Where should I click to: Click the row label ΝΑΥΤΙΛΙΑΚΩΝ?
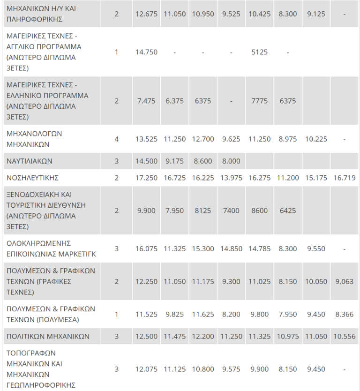tap(30, 161)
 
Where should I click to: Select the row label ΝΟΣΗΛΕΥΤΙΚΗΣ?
tap(32, 178)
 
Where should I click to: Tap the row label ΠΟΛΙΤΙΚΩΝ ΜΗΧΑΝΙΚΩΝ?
tap(48, 337)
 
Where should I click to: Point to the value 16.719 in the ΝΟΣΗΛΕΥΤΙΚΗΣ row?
tap(344, 178)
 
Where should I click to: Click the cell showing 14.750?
tap(146, 52)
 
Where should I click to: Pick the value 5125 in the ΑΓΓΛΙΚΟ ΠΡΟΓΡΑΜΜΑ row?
tap(260, 52)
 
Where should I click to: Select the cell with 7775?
tap(260, 101)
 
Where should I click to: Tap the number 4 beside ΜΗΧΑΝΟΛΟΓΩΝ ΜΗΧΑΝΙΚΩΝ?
tap(116, 139)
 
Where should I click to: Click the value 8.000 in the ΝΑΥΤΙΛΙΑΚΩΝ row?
tap(231, 161)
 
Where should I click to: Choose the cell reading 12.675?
tap(146, 14)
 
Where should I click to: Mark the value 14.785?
tap(260, 248)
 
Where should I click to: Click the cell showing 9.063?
tap(344, 282)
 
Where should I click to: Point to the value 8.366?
tap(344, 314)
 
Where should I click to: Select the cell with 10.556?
tap(344, 337)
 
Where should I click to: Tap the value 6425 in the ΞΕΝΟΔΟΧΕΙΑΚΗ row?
tap(288, 211)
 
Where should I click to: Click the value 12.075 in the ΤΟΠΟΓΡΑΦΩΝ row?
tap(146, 369)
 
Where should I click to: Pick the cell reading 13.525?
tap(146, 139)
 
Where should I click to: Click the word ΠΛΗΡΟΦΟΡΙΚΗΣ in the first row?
tap(34, 19)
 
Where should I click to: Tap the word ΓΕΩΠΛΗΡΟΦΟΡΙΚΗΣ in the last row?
tap(41, 385)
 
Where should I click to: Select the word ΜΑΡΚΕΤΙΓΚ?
tap(77, 254)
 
